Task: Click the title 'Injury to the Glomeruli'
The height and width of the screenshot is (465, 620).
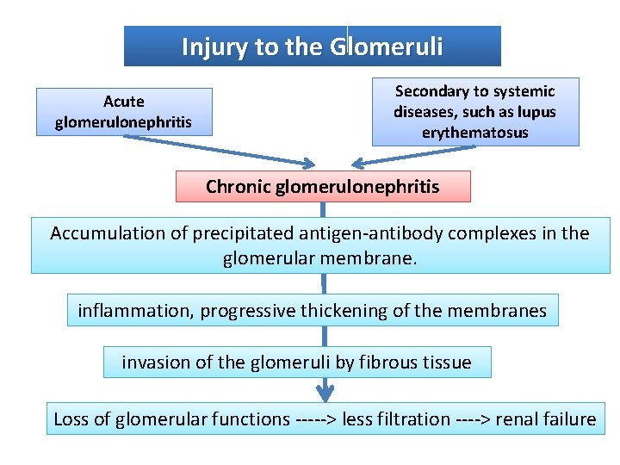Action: [x=312, y=46]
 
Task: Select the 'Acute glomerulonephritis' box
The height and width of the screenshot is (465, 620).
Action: [x=123, y=112]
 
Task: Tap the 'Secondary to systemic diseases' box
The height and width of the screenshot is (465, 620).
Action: [x=474, y=112]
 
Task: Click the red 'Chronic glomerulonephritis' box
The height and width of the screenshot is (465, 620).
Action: [x=323, y=186]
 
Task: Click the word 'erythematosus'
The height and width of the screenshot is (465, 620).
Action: [x=474, y=133]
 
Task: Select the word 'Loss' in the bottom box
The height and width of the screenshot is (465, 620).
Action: [x=71, y=419]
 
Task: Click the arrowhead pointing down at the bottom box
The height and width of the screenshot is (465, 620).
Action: [x=324, y=394]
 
